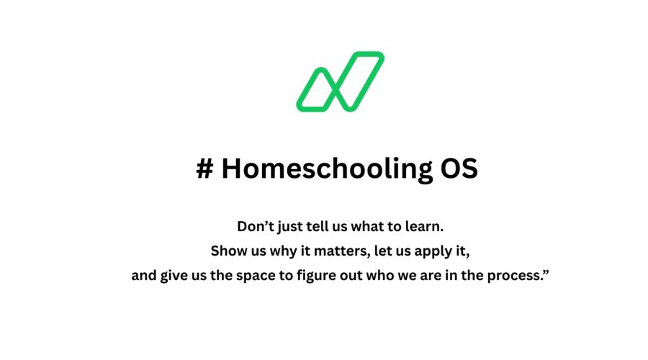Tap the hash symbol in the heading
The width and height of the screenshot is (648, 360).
(x=205, y=168)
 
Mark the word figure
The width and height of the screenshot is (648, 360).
(x=317, y=276)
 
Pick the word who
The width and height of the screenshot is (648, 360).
(x=380, y=275)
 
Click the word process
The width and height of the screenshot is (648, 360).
(x=514, y=276)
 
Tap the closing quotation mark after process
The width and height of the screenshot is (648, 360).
(x=546, y=271)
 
